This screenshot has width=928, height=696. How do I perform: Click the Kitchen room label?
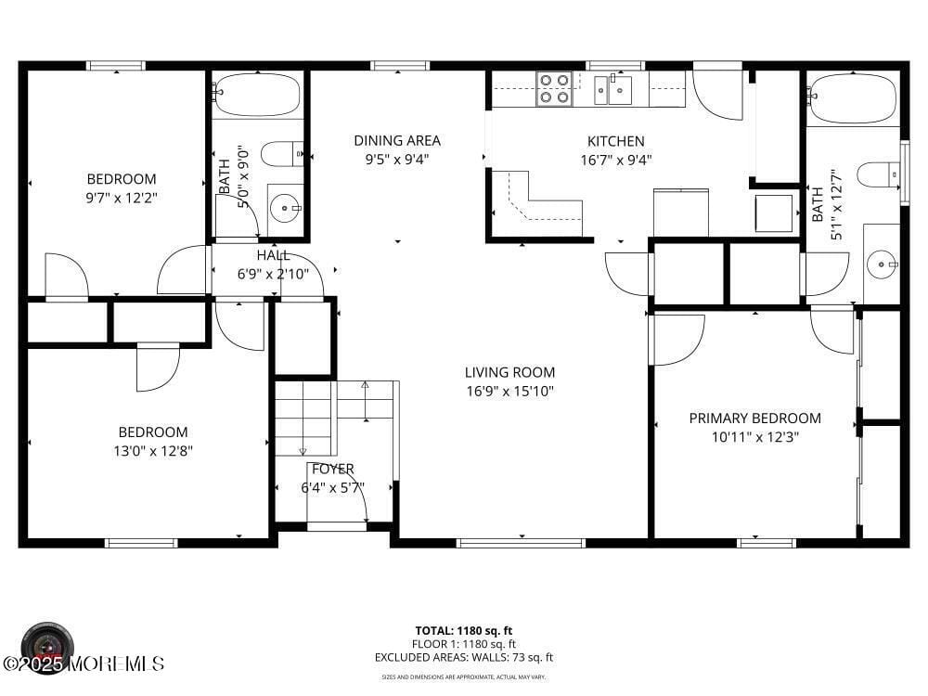pos(615,141)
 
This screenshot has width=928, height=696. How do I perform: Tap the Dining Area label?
pos(396,141)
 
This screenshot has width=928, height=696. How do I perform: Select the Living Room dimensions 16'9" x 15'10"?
pos(509,392)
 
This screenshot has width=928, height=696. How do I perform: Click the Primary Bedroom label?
pos(754,419)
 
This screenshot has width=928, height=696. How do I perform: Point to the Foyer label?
pos(332,470)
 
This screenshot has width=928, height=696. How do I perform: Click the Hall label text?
pos(273,255)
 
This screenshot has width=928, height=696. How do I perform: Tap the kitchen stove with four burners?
pos(554,89)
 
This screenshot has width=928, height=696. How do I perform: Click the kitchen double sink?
pos(612,90)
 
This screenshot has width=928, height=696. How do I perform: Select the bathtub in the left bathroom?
pos(257,95)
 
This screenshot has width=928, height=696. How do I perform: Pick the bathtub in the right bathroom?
pos(852,98)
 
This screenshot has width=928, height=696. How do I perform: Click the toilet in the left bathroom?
pos(282,153)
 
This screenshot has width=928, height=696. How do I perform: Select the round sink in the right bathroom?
pos(882,264)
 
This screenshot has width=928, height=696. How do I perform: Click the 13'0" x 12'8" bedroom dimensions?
pos(152,452)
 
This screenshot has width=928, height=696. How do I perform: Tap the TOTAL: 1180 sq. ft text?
pos(464,630)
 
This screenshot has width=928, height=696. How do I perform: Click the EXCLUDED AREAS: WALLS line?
pos(464,657)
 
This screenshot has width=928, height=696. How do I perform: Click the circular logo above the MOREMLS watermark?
pos(46,642)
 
